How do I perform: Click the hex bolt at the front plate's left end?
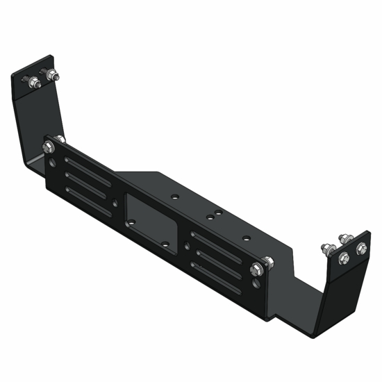[x=49, y=147]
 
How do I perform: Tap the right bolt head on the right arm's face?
[x=360, y=248]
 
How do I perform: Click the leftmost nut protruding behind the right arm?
[x=324, y=247]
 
